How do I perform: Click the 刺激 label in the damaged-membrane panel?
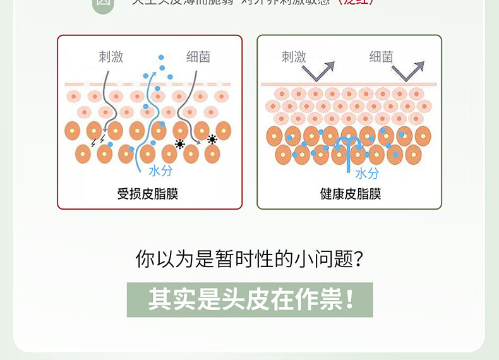[111, 57]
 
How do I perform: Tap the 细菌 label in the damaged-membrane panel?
[198, 57]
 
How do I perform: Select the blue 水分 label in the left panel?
[160, 171]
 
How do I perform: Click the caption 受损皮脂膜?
[148, 194]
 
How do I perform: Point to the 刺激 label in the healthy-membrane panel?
[294, 57]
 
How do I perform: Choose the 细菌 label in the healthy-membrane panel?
[381, 57]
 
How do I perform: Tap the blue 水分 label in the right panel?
[366, 174]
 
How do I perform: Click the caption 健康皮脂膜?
[351, 194]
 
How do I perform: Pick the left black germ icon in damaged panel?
[180, 145]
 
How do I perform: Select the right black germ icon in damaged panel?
[212, 140]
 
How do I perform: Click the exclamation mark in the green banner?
[350, 299]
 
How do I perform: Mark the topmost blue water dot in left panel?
[160, 57]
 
